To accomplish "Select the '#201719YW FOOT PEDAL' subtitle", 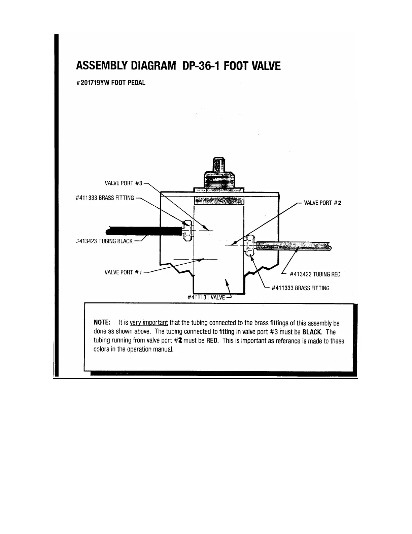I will pos(111,83).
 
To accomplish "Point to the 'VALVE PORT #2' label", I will pos(323,203).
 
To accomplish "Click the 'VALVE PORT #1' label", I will pos(123,272).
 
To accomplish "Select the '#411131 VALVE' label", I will pos(206,297).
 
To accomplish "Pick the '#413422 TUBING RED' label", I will pos(315,274).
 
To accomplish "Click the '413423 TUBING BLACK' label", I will pos(105,241).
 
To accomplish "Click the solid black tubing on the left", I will pos(145,231).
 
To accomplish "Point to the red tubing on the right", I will pos(293,246).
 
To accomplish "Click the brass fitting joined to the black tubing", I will pos(187,231).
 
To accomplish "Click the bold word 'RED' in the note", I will pos(212,341).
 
